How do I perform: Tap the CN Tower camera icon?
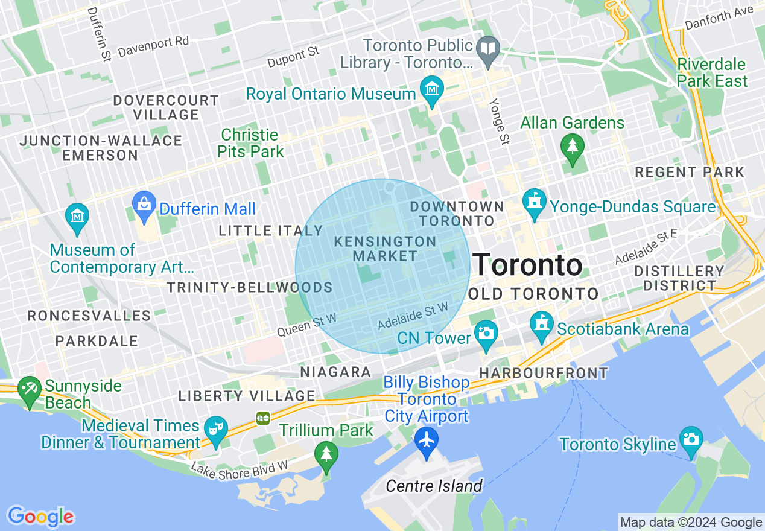tap(486, 332)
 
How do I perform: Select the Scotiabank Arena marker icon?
tap(541, 323)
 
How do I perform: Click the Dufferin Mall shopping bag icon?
tap(144, 203)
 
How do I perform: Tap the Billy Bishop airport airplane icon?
tap(427, 439)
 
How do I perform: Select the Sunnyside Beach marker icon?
tap(29, 388)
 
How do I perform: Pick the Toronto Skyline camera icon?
tap(690, 439)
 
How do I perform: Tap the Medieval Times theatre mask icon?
tap(215, 428)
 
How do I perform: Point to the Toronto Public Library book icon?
tap(487, 48)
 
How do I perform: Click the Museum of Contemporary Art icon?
tap(77, 215)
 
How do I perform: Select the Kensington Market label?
tap(385, 249)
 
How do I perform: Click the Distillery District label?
tap(679, 278)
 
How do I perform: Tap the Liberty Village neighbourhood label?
tap(247, 396)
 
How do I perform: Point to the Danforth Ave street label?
tap(719, 17)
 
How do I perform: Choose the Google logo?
tap(40, 517)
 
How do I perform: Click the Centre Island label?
tap(434, 486)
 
